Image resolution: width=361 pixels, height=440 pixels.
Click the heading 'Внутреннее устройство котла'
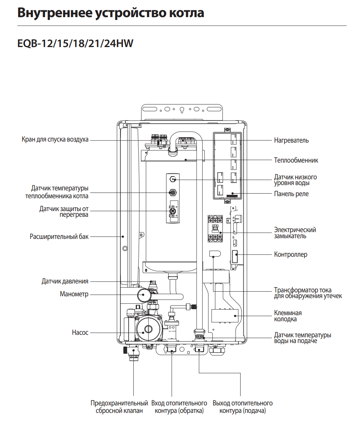pyautogui.click(x=111, y=13)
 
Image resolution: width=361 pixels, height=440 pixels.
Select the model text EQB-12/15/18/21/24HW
pyautogui.click(x=75, y=44)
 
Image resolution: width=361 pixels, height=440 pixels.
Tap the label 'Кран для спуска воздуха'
pyautogui.click(x=55, y=139)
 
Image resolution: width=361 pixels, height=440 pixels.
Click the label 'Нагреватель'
pyautogui.click(x=291, y=140)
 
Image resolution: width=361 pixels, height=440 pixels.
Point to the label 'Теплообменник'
pyautogui.click(x=296, y=160)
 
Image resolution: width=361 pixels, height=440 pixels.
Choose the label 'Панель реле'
pyautogui.click(x=291, y=194)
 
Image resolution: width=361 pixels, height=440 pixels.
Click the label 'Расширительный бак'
pyautogui.click(x=59, y=237)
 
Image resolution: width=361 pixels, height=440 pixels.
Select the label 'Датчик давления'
pyautogui.click(x=65, y=281)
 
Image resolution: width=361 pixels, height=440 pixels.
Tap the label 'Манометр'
pyautogui.click(x=74, y=294)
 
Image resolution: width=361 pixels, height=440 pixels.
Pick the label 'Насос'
pyautogui.click(x=80, y=332)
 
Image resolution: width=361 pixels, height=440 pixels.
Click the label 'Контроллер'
pyautogui.click(x=291, y=255)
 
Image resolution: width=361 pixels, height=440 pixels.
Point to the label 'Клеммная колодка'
pyautogui.click(x=288, y=316)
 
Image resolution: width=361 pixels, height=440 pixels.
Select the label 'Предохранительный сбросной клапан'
pyautogui.click(x=119, y=407)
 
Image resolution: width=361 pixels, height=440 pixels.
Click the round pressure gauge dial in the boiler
pyautogui.click(x=143, y=295)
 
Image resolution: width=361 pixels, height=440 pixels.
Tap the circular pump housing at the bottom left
pyautogui.click(x=148, y=329)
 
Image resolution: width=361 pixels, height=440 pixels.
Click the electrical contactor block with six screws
pyautogui.click(x=215, y=229)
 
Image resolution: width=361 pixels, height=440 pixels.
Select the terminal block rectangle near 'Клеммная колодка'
pyautogui.click(x=225, y=316)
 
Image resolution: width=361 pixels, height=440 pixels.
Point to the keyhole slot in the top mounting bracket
pyautogui.click(x=182, y=110)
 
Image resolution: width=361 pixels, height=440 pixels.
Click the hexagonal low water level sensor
pyautogui.click(x=173, y=179)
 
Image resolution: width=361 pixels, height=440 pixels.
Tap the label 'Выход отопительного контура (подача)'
pyautogui.click(x=243, y=407)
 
